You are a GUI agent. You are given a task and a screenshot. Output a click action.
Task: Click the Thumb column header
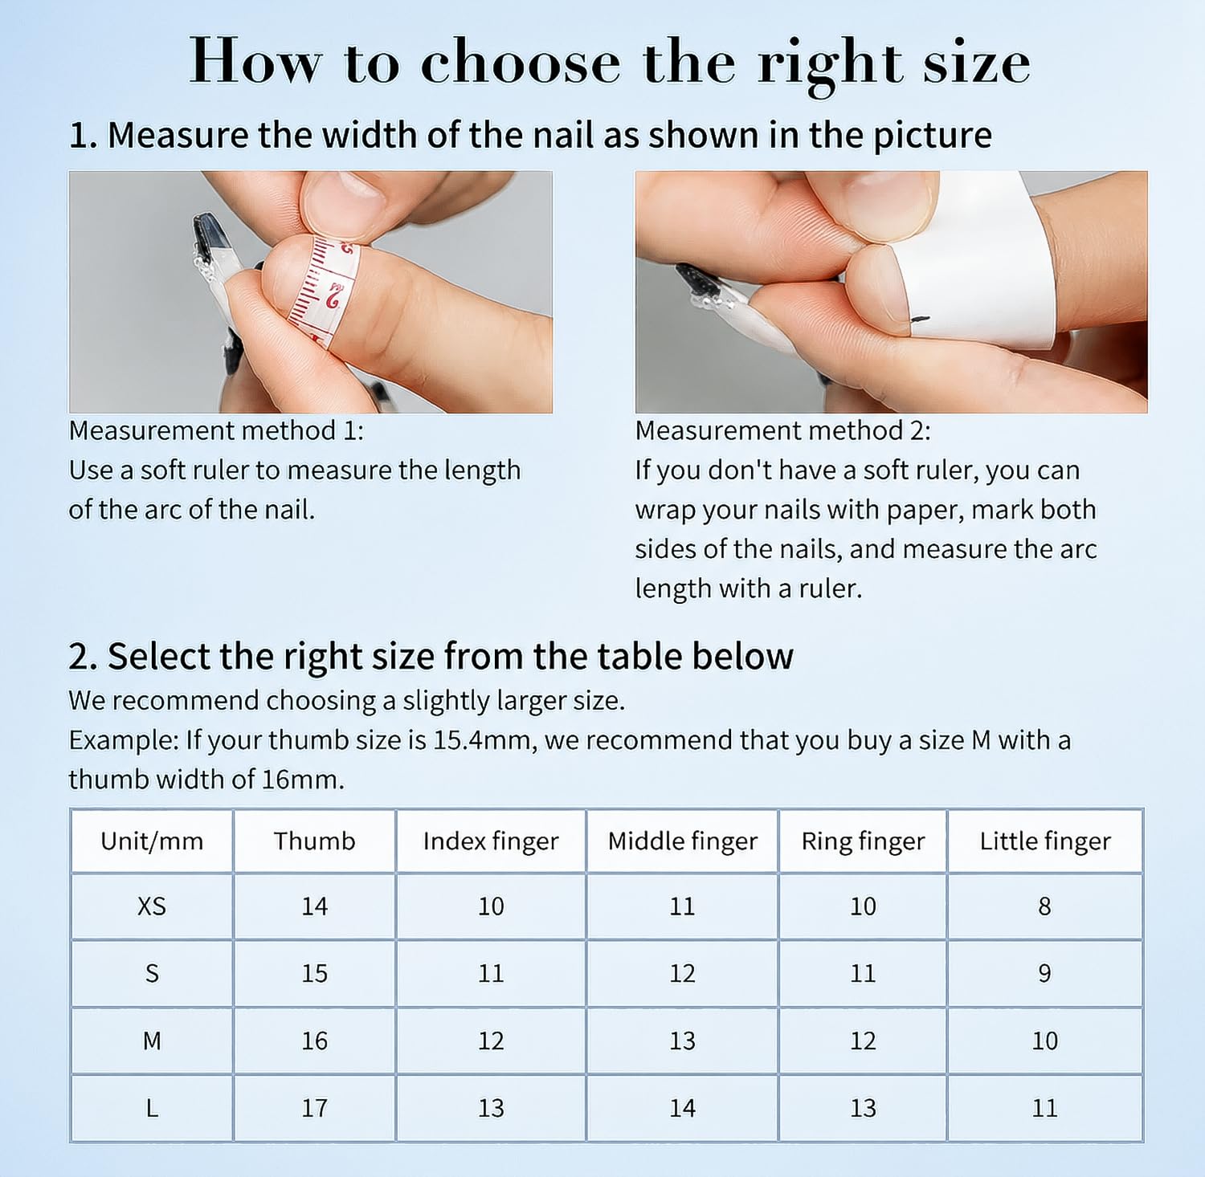(x=314, y=841)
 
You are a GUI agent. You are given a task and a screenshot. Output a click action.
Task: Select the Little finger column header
(x=1045, y=841)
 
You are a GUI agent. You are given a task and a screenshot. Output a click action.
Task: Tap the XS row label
(x=152, y=906)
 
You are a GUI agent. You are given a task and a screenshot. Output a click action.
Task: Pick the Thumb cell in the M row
(x=314, y=1041)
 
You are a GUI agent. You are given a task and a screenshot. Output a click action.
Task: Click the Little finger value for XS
(x=1044, y=906)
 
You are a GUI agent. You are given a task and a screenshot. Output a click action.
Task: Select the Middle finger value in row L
(x=682, y=1108)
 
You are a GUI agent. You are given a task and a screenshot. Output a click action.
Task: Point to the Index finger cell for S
(x=491, y=973)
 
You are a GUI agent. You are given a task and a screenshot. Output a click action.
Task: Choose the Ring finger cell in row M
(x=863, y=1041)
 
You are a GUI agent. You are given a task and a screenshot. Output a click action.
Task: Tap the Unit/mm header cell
(x=152, y=841)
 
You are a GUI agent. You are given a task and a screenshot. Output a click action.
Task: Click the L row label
(x=152, y=1108)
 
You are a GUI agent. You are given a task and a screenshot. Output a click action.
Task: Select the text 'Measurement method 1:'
(x=216, y=430)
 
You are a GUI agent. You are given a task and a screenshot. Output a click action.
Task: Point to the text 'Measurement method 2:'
(x=783, y=430)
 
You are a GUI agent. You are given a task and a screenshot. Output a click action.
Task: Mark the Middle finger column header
(x=682, y=841)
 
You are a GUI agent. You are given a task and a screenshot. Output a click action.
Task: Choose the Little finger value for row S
(x=1044, y=973)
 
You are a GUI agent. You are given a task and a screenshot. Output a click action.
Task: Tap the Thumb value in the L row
(x=314, y=1108)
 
